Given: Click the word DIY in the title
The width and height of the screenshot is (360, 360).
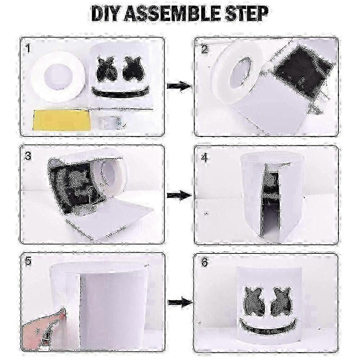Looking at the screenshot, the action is tap(105, 14).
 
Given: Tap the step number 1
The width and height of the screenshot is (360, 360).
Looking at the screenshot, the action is tap(28, 49).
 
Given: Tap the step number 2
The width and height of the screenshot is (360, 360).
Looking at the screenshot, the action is tap(204, 49).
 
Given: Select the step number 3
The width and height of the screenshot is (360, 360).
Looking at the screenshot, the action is tap(28, 156).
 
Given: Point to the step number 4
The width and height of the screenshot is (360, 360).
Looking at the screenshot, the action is tap(204, 158).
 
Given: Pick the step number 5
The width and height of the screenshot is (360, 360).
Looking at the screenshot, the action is tap(28, 262).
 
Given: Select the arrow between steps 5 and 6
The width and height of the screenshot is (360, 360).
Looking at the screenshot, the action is tap(180, 302).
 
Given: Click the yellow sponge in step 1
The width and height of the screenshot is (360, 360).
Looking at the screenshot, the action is tap(61, 120).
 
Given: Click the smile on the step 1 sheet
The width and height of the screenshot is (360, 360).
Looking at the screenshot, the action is tap(120, 93).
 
